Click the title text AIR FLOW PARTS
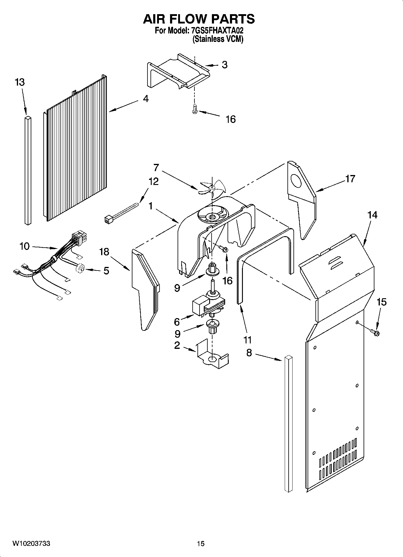[x=199, y=19]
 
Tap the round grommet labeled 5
[x=81, y=268]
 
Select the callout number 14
[x=372, y=215]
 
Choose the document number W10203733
[x=31, y=543]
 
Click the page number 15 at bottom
[x=201, y=543]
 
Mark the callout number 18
[x=104, y=252]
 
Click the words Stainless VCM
[x=218, y=39]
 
